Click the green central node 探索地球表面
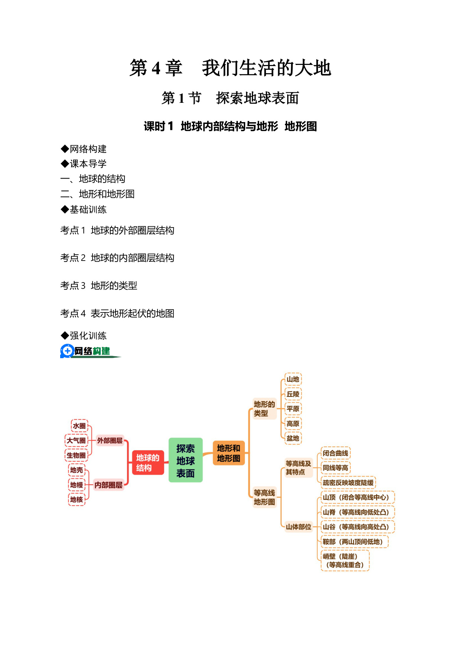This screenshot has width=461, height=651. pos(185,460)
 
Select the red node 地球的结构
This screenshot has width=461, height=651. pos(148,462)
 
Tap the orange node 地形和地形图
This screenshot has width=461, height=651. pos(228,453)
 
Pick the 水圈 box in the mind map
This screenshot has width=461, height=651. pos(79,426)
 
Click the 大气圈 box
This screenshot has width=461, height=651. pos(76,441)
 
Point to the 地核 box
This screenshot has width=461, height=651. pos(77,500)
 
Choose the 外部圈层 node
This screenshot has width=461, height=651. pos(110,441)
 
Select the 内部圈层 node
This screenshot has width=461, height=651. pos(108,485)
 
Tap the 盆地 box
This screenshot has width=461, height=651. pos(293,438)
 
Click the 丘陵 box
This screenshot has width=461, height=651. pos(293,394)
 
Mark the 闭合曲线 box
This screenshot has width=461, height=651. pos(335,453)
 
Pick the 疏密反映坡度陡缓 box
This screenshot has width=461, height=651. pos(348,482)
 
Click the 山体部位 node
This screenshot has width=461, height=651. pos(298,527)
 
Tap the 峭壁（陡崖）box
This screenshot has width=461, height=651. pos(345,560)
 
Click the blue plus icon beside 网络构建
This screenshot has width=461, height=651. pos(67,351)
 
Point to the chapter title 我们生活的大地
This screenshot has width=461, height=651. pos(266,68)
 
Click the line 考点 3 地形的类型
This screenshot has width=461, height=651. pos(99,285)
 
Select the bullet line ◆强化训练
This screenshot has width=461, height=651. pos(84,336)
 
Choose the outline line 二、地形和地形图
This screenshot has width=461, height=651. pos(97,194)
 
